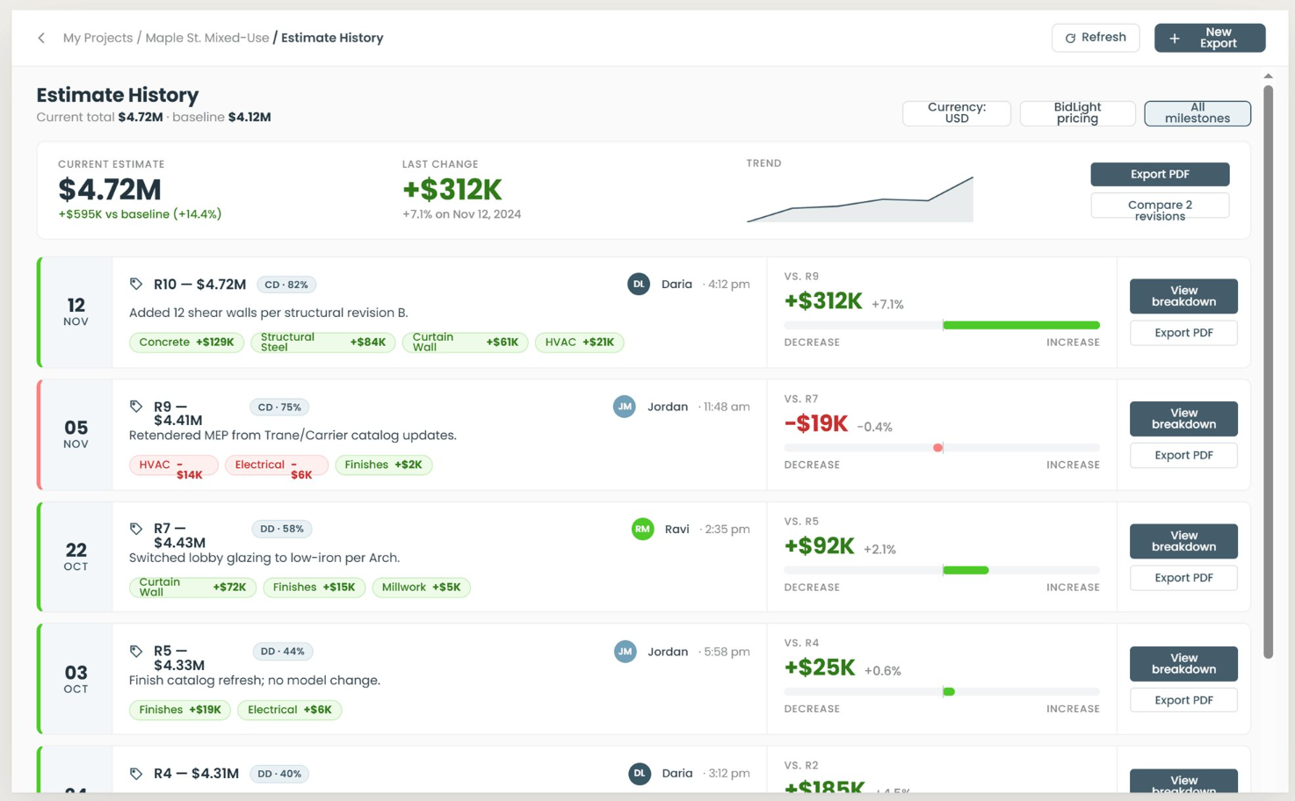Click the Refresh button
(x=1095, y=38)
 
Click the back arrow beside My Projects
(x=41, y=38)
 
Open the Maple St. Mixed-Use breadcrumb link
(x=207, y=38)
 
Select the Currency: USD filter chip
(x=956, y=112)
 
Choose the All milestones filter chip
(x=1197, y=112)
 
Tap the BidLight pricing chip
(x=1077, y=112)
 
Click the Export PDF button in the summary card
(x=1160, y=174)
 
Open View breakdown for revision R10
(x=1183, y=296)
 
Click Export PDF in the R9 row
(x=1183, y=456)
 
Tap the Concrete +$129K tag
(x=186, y=343)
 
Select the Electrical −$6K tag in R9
(x=277, y=465)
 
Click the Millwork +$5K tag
(x=421, y=588)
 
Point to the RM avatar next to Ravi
(x=642, y=529)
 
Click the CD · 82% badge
(x=286, y=285)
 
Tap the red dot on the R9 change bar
(x=937, y=448)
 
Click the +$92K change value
(x=819, y=546)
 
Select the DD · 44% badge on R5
(x=283, y=652)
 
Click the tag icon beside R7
(x=136, y=529)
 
